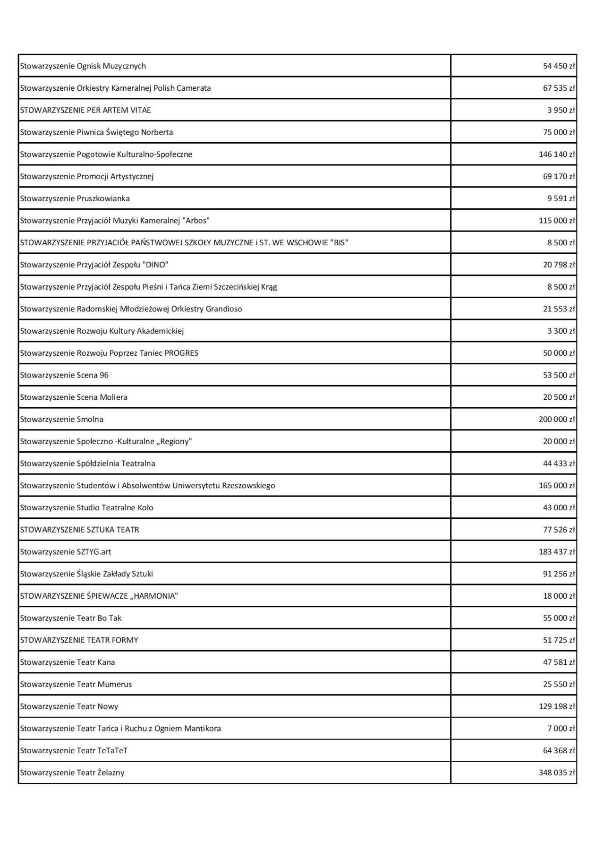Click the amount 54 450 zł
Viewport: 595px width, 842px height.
559,66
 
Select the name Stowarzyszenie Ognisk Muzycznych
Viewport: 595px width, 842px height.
83,66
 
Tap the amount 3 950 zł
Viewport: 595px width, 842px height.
561,110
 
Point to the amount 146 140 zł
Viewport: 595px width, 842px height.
557,155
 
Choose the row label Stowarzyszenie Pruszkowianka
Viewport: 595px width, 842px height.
75,198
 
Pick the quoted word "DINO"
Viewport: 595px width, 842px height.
155,265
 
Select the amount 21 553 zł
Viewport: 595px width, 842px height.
559,309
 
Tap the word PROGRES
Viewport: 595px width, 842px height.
181,353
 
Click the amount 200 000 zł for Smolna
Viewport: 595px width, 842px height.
557,419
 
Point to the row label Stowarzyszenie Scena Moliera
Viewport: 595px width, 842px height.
74,397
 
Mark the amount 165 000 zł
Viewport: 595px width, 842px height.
557,485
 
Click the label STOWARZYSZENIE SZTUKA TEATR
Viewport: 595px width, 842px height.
79,530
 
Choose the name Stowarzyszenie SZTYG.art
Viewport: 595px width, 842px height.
66,552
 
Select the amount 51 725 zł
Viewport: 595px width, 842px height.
559,640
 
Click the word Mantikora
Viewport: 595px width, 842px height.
204,729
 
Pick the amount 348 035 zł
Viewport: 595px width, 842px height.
557,773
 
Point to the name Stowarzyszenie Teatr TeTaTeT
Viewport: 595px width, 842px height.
74,750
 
